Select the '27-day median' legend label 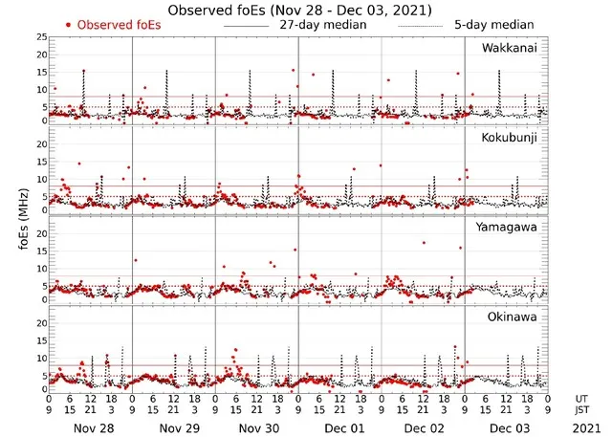tap(323, 25)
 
